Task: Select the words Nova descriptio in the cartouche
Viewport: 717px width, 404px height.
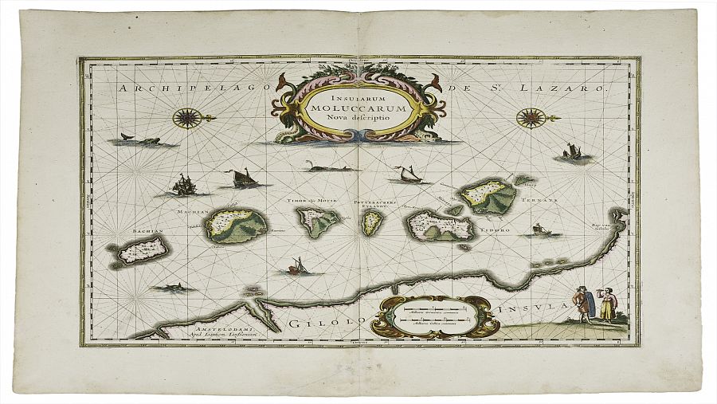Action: point(358,118)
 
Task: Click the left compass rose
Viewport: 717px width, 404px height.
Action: point(187,118)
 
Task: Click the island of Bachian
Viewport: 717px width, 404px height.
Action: point(141,252)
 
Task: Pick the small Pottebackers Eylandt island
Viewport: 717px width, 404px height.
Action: point(370,222)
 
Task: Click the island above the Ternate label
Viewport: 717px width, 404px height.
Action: point(487,195)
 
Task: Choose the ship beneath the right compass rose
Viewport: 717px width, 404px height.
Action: point(571,152)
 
